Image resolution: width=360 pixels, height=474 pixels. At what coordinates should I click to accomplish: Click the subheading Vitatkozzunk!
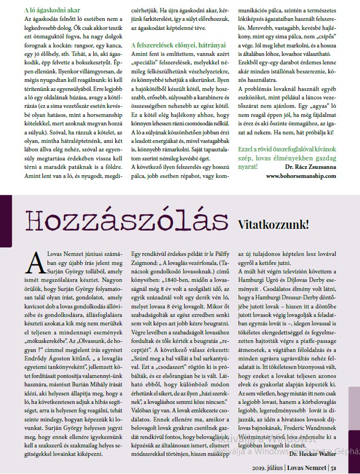click(273, 224)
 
